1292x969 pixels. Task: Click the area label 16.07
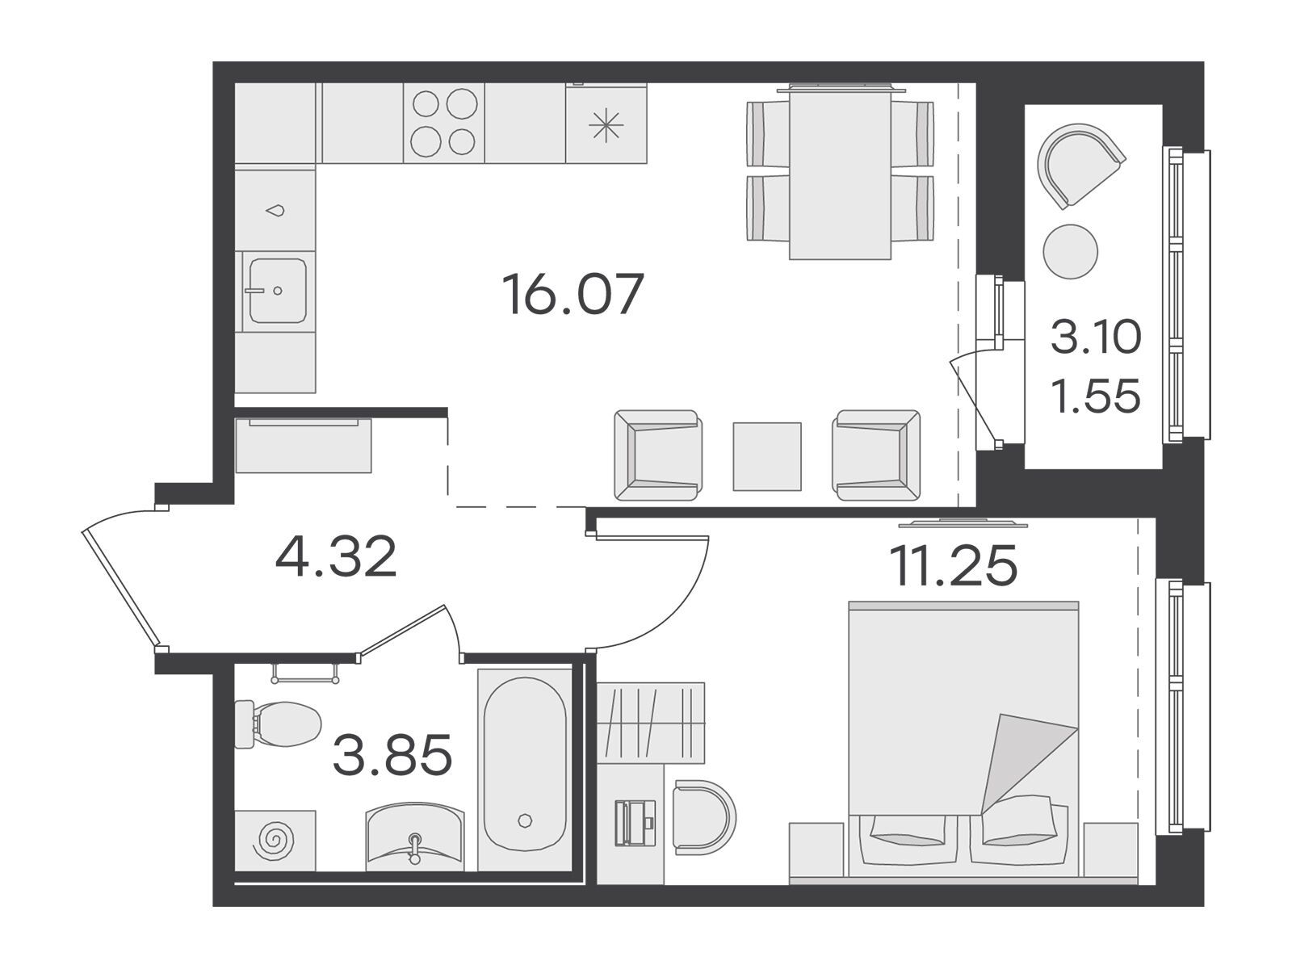(573, 294)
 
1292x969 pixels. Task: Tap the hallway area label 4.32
(336, 556)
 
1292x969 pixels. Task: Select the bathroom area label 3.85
(392, 755)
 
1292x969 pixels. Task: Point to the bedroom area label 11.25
(953, 565)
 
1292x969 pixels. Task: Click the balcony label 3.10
(1096, 337)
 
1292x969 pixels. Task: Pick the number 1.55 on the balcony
(1096, 396)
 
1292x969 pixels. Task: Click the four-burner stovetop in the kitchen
(444, 123)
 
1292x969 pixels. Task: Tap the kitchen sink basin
(278, 291)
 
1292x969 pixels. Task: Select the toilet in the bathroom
(277, 724)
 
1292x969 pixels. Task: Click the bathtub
(524, 770)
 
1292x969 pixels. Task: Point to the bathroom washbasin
(415, 837)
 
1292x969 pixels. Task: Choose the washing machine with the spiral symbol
(275, 840)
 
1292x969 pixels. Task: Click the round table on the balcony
(1070, 251)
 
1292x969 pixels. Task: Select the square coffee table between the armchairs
(767, 456)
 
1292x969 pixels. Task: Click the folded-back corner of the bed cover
(1024, 759)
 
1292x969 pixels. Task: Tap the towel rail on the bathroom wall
(305, 674)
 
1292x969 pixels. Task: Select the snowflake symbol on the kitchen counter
(606, 126)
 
